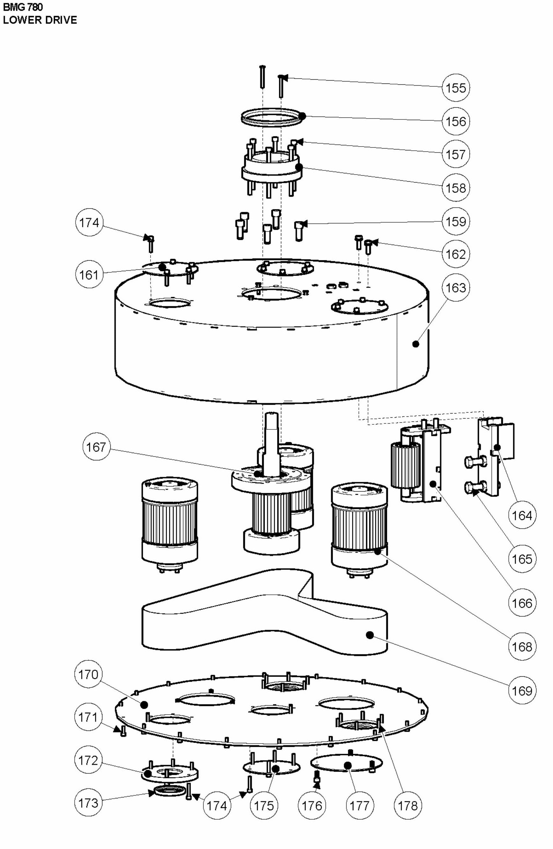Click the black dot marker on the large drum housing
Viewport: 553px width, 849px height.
415,344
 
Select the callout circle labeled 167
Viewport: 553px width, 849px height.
96,447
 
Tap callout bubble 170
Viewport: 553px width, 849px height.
88,674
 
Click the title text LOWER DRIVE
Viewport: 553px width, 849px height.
40,20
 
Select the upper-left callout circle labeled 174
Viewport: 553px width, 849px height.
89,223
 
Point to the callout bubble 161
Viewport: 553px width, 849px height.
89,275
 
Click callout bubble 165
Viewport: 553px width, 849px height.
522,559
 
